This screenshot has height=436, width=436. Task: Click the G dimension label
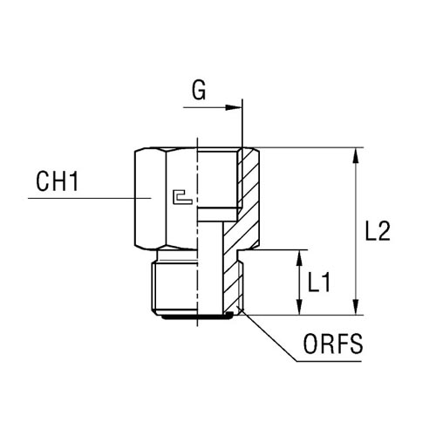(x=199, y=90)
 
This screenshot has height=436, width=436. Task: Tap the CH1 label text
(x=58, y=181)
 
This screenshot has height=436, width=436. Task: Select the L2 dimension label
(x=378, y=231)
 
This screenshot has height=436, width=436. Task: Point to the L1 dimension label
(x=319, y=282)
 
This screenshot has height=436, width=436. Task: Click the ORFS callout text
(x=333, y=344)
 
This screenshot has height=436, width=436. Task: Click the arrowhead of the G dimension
(x=234, y=107)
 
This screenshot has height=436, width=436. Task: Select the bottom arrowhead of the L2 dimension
(x=355, y=307)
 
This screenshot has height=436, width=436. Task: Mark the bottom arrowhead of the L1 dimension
(x=299, y=307)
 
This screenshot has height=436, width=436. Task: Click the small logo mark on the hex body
(x=182, y=197)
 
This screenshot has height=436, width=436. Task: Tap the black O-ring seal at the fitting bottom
(x=198, y=317)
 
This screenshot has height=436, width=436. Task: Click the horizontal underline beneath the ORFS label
(x=329, y=361)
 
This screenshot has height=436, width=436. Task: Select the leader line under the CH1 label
(x=90, y=198)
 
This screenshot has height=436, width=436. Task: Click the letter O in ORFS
(x=310, y=344)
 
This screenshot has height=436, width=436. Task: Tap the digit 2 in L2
(x=384, y=231)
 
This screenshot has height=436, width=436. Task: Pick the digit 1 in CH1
(x=74, y=181)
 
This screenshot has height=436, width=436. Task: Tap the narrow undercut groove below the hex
(x=177, y=255)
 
